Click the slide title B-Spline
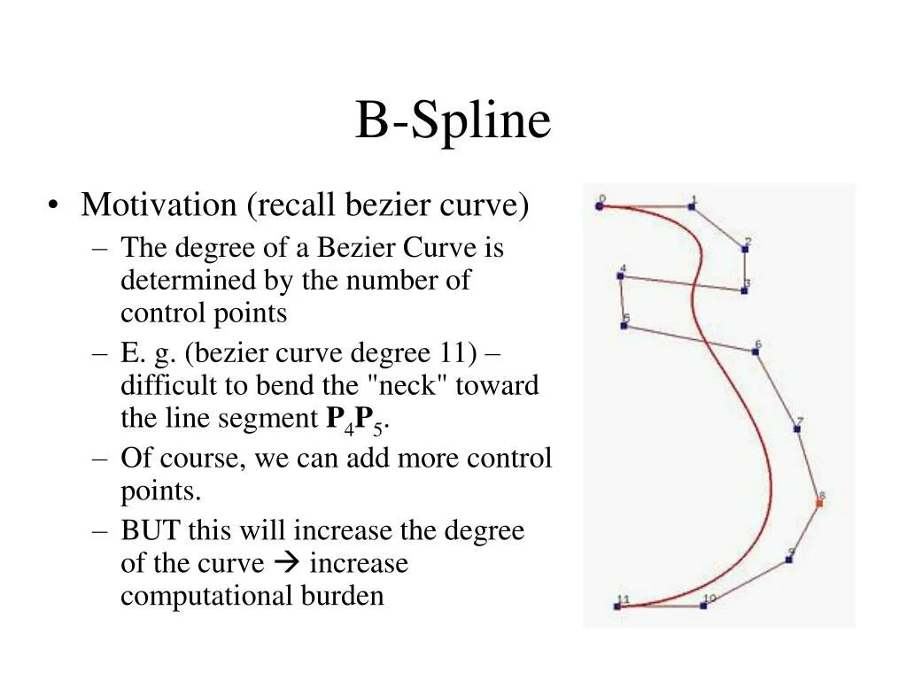[453, 121]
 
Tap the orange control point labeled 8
[819, 503]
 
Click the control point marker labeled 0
[600, 206]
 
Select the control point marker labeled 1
[692, 207]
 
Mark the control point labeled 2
[745, 249]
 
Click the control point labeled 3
[744, 290]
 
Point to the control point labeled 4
[620, 276]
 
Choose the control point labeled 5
[624, 326]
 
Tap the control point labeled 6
[755, 352]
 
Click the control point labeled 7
[797, 429]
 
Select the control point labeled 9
[788, 560]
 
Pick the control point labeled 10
[703, 606]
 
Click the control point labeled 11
[617, 607]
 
